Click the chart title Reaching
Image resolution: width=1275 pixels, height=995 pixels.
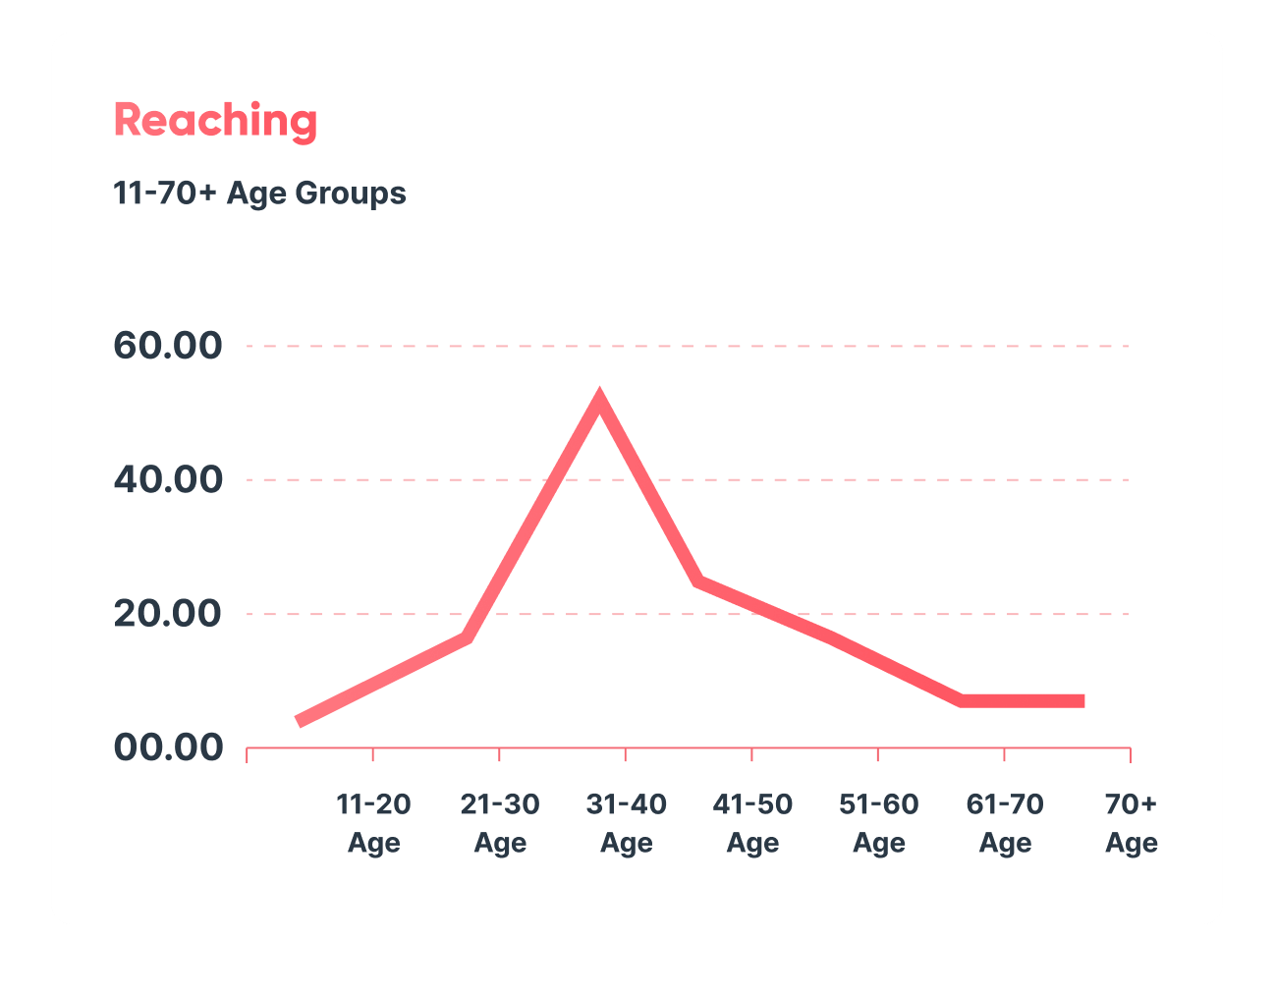(x=215, y=120)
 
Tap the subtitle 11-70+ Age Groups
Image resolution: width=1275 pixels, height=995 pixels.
(x=259, y=193)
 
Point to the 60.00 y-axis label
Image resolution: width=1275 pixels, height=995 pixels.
(x=168, y=346)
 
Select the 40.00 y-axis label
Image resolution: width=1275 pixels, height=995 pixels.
(x=168, y=479)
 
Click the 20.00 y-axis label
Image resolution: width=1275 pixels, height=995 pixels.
(x=168, y=613)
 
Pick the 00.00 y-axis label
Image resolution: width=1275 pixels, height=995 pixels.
(x=168, y=747)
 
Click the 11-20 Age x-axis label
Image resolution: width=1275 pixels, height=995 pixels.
(x=373, y=823)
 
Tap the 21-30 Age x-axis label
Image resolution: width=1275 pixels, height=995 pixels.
(x=500, y=823)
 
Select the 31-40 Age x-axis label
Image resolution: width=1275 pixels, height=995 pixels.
(x=626, y=823)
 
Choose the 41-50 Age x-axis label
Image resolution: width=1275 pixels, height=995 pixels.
(x=752, y=823)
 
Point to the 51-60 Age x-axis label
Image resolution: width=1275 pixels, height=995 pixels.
(x=878, y=823)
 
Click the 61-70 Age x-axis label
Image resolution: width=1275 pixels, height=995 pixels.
(x=1005, y=823)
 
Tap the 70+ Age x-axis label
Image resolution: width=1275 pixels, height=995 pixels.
(x=1131, y=823)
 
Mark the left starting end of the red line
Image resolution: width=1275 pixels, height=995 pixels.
(x=299, y=722)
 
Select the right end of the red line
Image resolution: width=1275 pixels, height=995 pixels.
(x=1082, y=701)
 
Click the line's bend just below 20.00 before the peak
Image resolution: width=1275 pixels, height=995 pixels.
(x=468, y=636)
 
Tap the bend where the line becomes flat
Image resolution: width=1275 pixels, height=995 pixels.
(x=963, y=700)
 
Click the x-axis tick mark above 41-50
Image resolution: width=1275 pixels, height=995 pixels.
(x=751, y=753)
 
